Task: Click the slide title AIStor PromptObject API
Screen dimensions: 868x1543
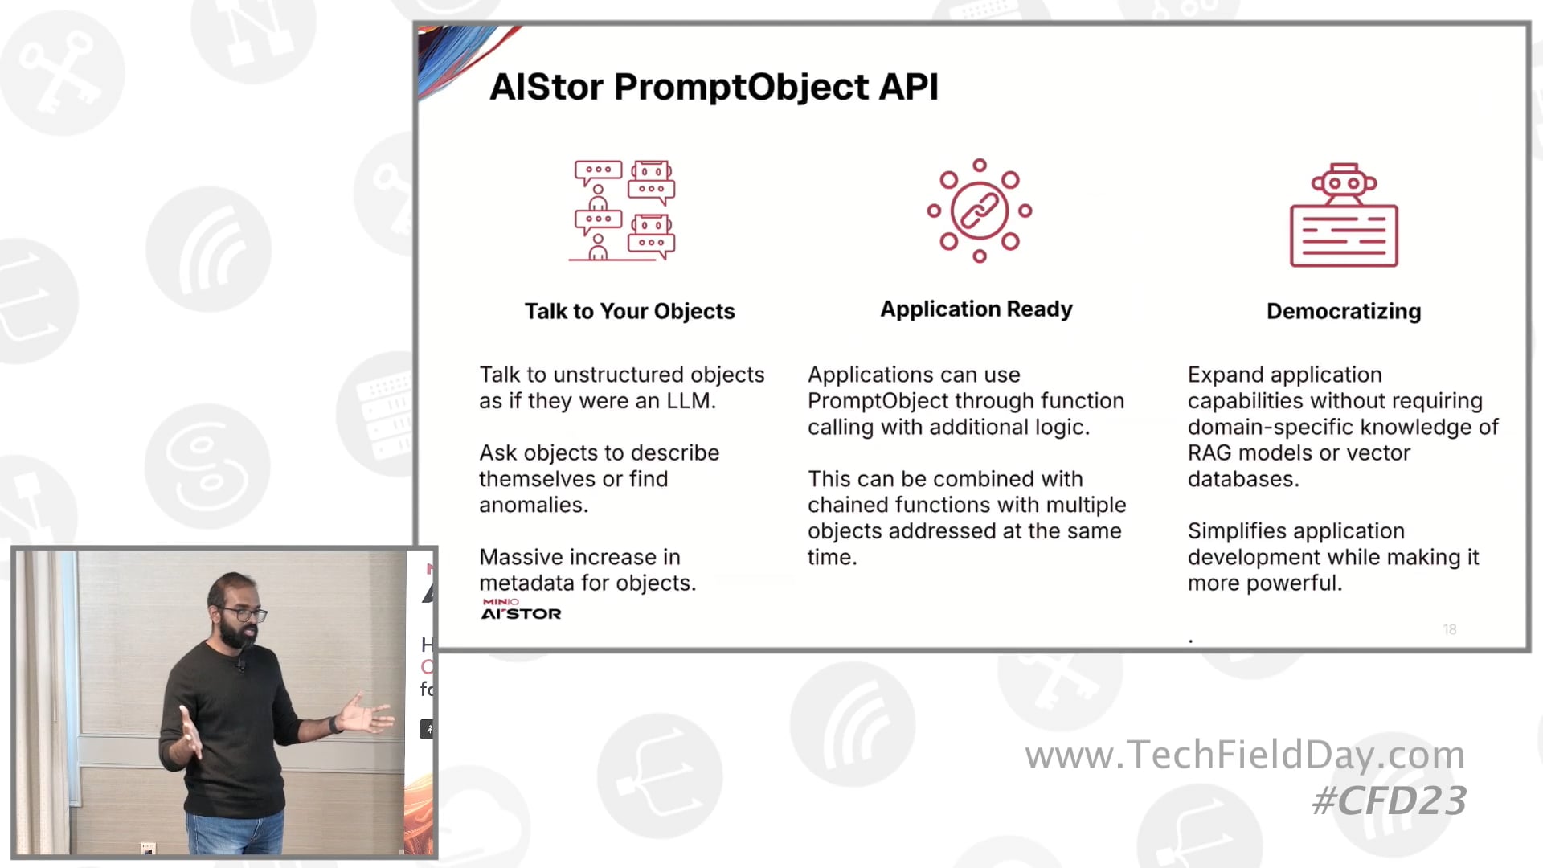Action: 714,87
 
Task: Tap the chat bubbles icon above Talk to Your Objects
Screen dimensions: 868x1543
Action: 624,211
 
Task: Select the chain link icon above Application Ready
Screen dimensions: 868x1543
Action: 979,211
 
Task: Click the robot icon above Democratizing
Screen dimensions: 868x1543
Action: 1344,215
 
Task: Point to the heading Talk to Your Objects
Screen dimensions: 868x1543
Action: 629,311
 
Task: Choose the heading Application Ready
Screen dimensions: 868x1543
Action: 976,309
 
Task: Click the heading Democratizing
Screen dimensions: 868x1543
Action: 1343,311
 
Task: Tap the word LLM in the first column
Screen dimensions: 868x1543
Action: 689,401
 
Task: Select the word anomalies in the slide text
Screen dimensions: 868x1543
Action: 532,506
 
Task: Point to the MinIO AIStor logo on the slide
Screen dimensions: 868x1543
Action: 520,609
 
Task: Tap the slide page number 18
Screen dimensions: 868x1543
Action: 1449,629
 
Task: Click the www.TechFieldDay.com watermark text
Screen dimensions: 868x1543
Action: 1244,755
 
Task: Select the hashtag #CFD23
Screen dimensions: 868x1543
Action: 1389,800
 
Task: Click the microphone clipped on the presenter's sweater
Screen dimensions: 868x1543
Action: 239,665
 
